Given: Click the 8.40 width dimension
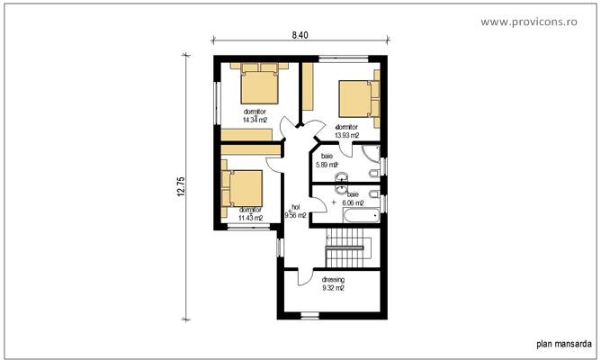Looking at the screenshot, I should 300,35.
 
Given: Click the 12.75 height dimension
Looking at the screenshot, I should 180,186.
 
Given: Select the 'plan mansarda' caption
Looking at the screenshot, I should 563,343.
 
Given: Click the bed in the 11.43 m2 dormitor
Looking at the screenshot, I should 243,188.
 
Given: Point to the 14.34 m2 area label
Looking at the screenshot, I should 255,119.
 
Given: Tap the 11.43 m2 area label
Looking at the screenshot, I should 250,217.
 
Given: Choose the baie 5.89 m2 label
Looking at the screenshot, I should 326,161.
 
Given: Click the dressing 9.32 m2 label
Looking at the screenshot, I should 333,285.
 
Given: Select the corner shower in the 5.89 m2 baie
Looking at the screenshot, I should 372,163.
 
